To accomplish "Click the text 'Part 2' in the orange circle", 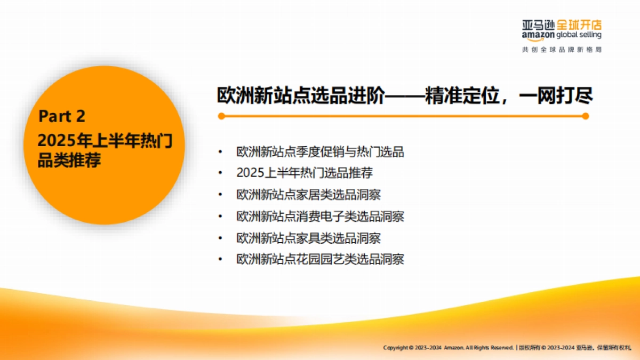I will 62,116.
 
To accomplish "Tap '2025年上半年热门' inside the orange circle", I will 105,140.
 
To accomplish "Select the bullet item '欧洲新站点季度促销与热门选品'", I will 320,152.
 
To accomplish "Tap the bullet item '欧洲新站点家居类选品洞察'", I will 308,195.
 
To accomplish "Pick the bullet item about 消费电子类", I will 320,217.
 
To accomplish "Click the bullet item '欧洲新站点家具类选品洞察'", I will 308,238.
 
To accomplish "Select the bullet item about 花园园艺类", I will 320,259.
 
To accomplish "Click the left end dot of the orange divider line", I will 221,116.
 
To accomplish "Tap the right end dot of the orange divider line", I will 585,116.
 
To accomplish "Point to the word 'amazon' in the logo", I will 538,35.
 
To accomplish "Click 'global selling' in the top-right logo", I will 579,35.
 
